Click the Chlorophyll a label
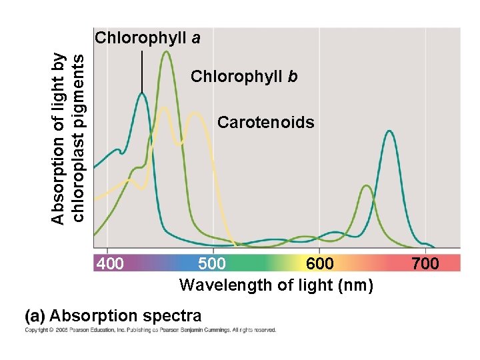tap(147, 38)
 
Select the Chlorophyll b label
tap(244, 77)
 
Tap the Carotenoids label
tap(266, 123)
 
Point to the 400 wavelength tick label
tap(111, 264)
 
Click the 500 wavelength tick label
tap(212, 264)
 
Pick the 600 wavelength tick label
tap(320, 264)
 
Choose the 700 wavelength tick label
tap(425, 264)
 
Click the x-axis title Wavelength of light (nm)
tap(276, 285)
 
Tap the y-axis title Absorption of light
tap(67, 139)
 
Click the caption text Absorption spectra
tap(125, 315)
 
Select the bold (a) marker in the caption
tap(35, 315)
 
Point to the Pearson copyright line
tap(150, 330)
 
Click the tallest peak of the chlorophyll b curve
tap(166, 53)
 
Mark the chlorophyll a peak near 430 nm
tap(142, 94)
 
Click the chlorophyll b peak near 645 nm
tap(366, 186)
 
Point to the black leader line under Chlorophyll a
tap(142, 70)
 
